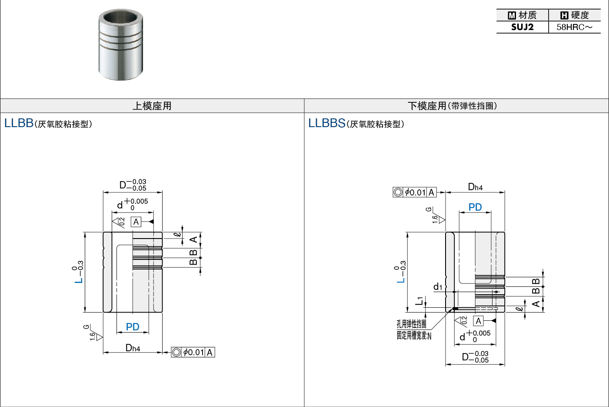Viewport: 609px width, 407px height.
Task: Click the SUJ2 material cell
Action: [x=522, y=27]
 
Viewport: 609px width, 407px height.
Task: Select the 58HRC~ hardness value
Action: [x=574, y=27]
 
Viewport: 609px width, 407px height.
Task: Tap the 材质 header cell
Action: [x=522, y=15]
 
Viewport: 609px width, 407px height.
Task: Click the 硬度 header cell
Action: [x=575, y=15]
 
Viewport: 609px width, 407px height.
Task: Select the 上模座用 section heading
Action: [x=152, y=106]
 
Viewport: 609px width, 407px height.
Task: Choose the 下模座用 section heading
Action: [x=427, y=106]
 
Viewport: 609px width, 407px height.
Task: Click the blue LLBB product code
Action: [x=19, y=123]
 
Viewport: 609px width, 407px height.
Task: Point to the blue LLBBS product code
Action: [x=327, y=123]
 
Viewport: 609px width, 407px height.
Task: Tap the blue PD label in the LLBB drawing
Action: [x=133, y=327]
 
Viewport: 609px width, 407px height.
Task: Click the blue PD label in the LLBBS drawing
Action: [x=475, y=207]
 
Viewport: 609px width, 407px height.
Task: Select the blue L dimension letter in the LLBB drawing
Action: [x=79, y=280]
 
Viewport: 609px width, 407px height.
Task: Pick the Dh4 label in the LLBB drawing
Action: [x=133, y=348]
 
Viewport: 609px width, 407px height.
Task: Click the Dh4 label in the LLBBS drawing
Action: [x=475, y=187]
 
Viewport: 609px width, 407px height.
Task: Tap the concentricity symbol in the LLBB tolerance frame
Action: [x=176, y=352]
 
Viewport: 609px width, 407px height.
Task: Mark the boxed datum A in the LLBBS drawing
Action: [x=478, y=321]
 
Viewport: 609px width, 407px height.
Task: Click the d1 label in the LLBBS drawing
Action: [x=438, y=286]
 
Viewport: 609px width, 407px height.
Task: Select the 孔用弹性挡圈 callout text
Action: [x=411, y=324]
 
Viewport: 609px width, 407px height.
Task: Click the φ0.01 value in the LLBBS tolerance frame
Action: [x=415, y=192]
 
